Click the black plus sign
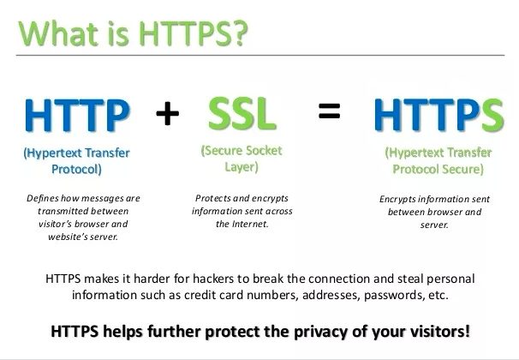(x=168, y=114)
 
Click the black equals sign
(x=330, y=111)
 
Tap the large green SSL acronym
(x=242, y=114)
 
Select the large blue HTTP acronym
(x=77, y=115)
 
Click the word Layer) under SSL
(x=242, y=166)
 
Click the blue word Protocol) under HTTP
(x=76, y=169)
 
